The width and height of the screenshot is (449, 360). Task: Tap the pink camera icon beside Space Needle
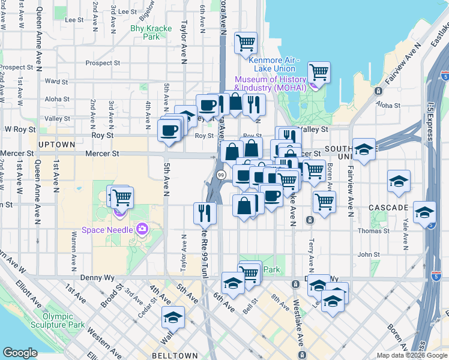click(x=142, y=228)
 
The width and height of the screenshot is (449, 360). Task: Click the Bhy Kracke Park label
click(x=146, y=32)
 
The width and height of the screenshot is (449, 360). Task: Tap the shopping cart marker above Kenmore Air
click(x=246, y=43)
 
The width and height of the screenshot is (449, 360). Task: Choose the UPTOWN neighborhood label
click(x=56, y=145)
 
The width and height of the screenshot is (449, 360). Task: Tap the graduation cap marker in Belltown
click(x=173, y=316)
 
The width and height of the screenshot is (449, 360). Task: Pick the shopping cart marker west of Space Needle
click(x=122, y=196)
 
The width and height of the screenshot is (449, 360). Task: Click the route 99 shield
click(x=221, y=175)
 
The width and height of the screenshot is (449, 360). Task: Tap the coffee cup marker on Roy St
click(x=169, y=130)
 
